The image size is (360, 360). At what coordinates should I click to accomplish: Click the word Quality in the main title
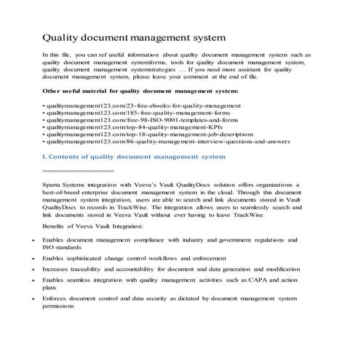[61, 36]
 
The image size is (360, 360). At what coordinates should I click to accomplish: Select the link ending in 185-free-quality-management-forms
[108, 115]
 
